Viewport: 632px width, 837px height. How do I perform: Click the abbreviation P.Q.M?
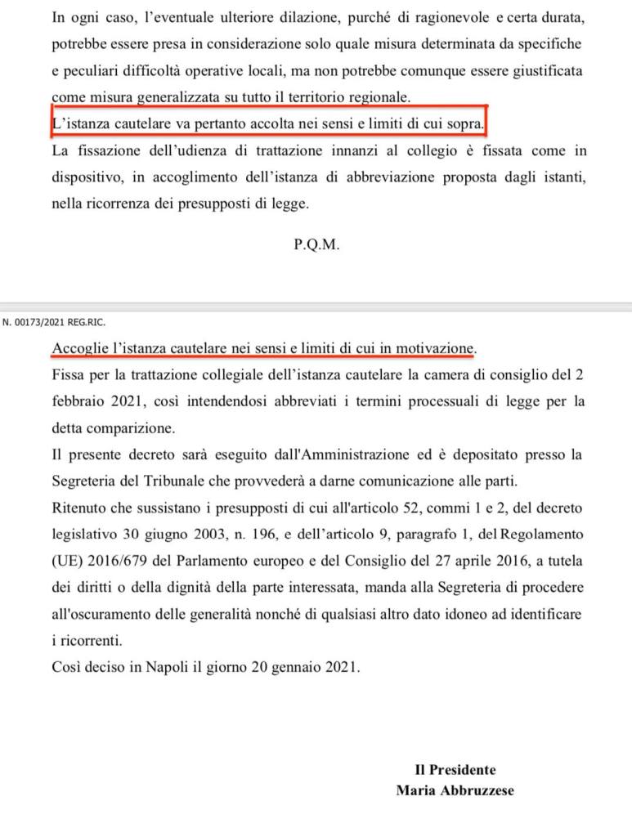(315, 244)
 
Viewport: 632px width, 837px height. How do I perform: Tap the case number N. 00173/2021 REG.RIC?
(54, 322)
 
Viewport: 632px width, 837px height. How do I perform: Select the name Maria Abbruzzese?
(455, 790)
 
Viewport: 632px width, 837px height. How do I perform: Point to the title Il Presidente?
(455, 770)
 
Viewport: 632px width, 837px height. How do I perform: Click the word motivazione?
(435, 349)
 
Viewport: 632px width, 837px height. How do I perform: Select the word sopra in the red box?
(464, 123)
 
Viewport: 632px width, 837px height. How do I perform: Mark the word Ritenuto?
(78, 508)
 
